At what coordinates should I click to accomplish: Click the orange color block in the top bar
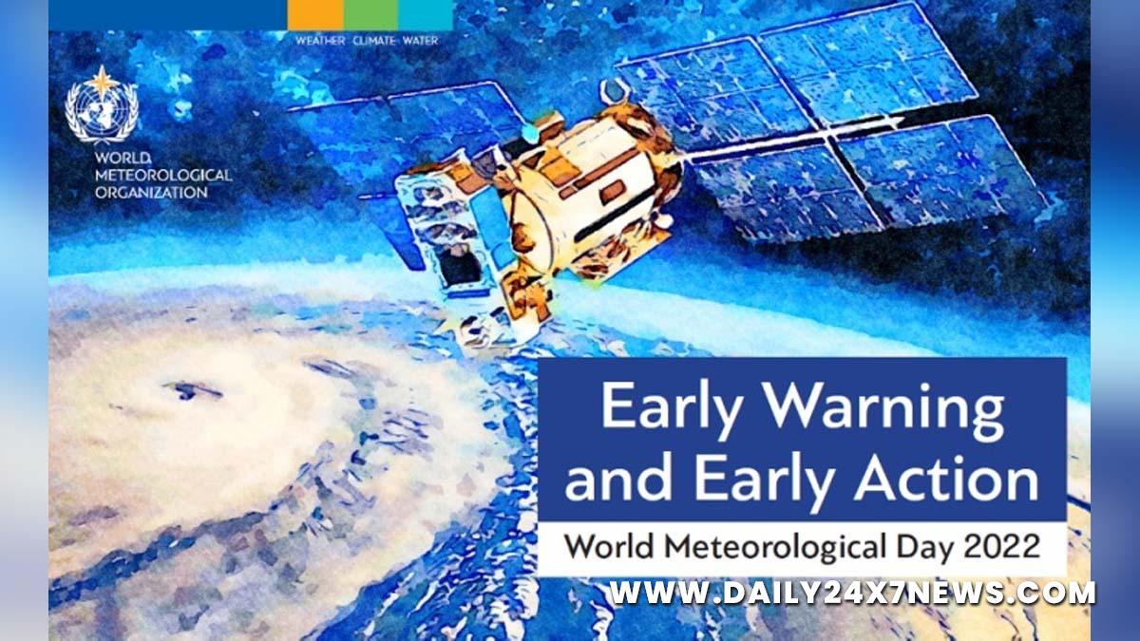tap(315, 15)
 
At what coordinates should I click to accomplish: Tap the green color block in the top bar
tap(371, 15)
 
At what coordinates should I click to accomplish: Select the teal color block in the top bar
tap(426, 15)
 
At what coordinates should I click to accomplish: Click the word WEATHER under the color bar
tap(320, 41)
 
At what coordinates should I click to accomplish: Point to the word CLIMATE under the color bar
tap(374, 41)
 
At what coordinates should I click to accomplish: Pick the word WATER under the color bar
tap(420, 41)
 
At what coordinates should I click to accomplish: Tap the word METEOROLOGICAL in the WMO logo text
tap(163, 175)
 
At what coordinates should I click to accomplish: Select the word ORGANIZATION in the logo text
tap(151, 192)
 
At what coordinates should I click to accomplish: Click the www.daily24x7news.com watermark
tap(853, 594)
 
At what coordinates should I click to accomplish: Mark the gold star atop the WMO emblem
tap(103, 82)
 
